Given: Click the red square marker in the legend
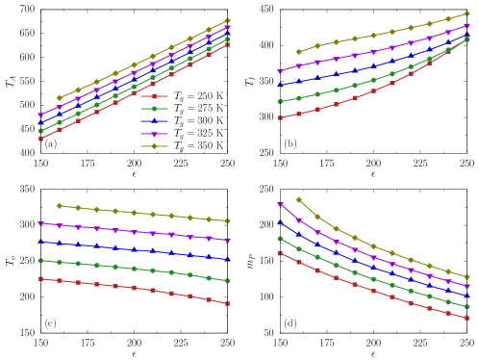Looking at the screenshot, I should (154, 96).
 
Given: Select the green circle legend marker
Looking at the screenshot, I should (154, 109).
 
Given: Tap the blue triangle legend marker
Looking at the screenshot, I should (154, 121).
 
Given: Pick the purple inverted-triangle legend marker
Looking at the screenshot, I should (154, 134).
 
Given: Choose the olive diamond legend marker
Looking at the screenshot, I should (154, 146).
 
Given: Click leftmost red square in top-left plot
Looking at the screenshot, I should (40, 139).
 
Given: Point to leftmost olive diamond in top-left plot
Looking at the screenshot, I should (59, 97).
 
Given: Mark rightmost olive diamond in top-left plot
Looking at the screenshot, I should (227, 20).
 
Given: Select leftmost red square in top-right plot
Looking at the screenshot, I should (280, 117).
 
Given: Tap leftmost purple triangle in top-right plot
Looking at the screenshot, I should (280, 71).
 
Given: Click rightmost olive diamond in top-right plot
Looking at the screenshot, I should (466, 13).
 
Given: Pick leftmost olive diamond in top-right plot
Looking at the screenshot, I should (298, 51).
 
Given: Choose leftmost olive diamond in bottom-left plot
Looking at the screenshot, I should (59, 205).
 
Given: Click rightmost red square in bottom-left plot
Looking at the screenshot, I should (227, 303).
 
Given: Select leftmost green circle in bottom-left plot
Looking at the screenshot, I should (40, 260).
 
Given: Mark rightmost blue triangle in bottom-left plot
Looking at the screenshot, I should (227, 259).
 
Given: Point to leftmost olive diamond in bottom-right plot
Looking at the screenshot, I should (298, 199).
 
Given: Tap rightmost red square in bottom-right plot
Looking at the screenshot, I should (466, 318).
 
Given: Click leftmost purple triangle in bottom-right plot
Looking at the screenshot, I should (280, 204).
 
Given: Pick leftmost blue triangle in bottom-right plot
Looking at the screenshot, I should (280, 221).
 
